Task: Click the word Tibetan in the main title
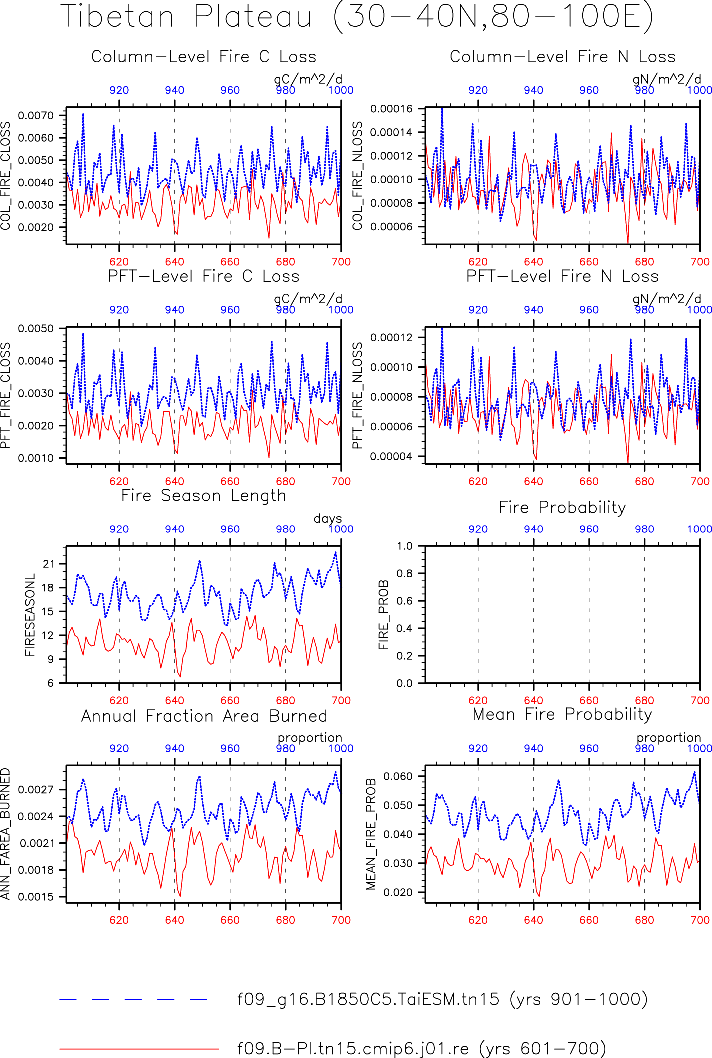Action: [x=117, y=16]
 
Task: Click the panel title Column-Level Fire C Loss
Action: [x=204, y=57]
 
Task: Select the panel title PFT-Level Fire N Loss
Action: [x=562, y=276]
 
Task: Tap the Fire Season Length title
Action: [x=204, y=496]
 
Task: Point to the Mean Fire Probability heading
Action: [x=562, y=714]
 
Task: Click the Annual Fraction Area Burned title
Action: [x=204, y=716]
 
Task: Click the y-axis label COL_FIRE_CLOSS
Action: [x=5, y=176]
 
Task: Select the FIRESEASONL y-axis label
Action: [x=30, y=615]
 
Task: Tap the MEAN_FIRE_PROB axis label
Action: [x=371, y=834]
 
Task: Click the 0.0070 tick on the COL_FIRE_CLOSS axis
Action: [x=36, y=116]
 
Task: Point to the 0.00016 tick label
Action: [x=391, y=109]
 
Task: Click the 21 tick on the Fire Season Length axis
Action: [x=48, y=564]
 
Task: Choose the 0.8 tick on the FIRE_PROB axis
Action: [x=405, y=573]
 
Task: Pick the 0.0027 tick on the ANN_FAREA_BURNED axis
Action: [x=36, y=790]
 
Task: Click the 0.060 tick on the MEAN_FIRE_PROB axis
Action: [x=398, y=776]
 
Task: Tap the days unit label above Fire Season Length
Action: [x=328, y=519]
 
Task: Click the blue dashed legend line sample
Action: [x=133, y=999]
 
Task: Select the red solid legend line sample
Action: [x=139, y=1048]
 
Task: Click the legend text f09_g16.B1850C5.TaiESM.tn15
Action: [x=368, y=999]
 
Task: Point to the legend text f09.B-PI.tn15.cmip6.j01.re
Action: [x=353, y=1048]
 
